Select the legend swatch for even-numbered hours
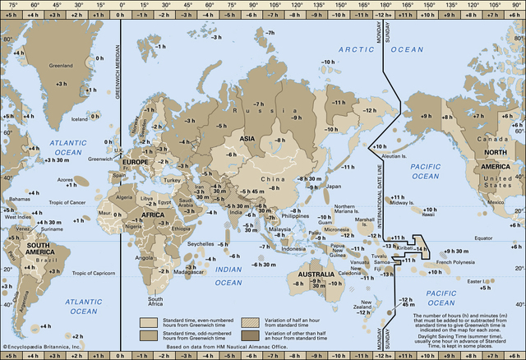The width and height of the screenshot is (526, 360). point(148,321)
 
